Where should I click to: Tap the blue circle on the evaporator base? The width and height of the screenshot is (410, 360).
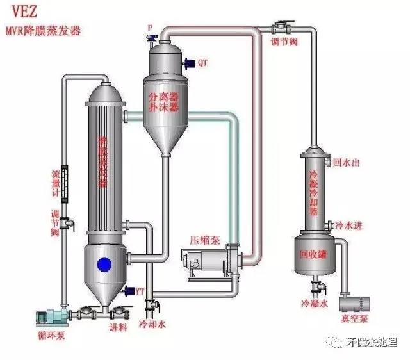click(103, 263)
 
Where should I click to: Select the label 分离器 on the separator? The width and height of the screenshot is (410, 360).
click(163, 97)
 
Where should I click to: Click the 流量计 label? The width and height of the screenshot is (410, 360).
click(56, 183)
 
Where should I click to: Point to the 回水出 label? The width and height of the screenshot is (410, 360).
click(347, 163)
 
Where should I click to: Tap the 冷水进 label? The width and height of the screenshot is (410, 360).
click(348, 226)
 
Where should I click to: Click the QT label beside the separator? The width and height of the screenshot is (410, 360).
click(202, 63)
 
